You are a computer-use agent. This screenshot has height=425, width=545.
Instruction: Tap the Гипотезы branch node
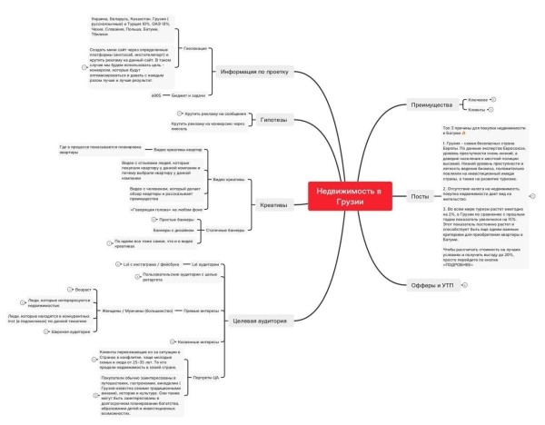click(274, 119)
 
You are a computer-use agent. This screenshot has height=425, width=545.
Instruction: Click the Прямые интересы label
click(202, 310)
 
